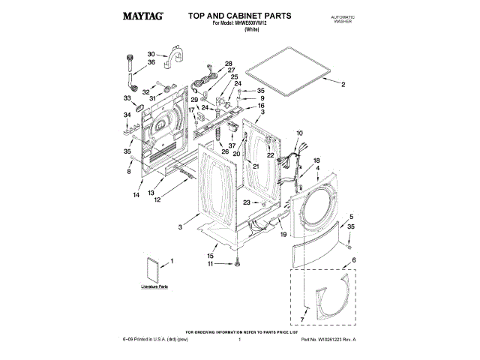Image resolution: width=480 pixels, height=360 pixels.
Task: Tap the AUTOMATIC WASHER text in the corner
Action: pyautogui.click(x=342, y=19)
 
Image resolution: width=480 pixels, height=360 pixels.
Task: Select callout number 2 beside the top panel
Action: pyautogui.click(x=343, y=84)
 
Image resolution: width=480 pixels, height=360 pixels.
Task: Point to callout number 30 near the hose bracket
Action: pyautogui.click(x=151, y=54)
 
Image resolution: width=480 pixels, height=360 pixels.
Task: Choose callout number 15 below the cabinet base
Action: pyautogui.click(x=211, y=256)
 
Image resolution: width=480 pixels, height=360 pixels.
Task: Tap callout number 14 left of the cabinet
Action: pyautogui.click(x=136, y=195)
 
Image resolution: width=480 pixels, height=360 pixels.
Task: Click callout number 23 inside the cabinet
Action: pyautogui.click(x=247, y=202)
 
